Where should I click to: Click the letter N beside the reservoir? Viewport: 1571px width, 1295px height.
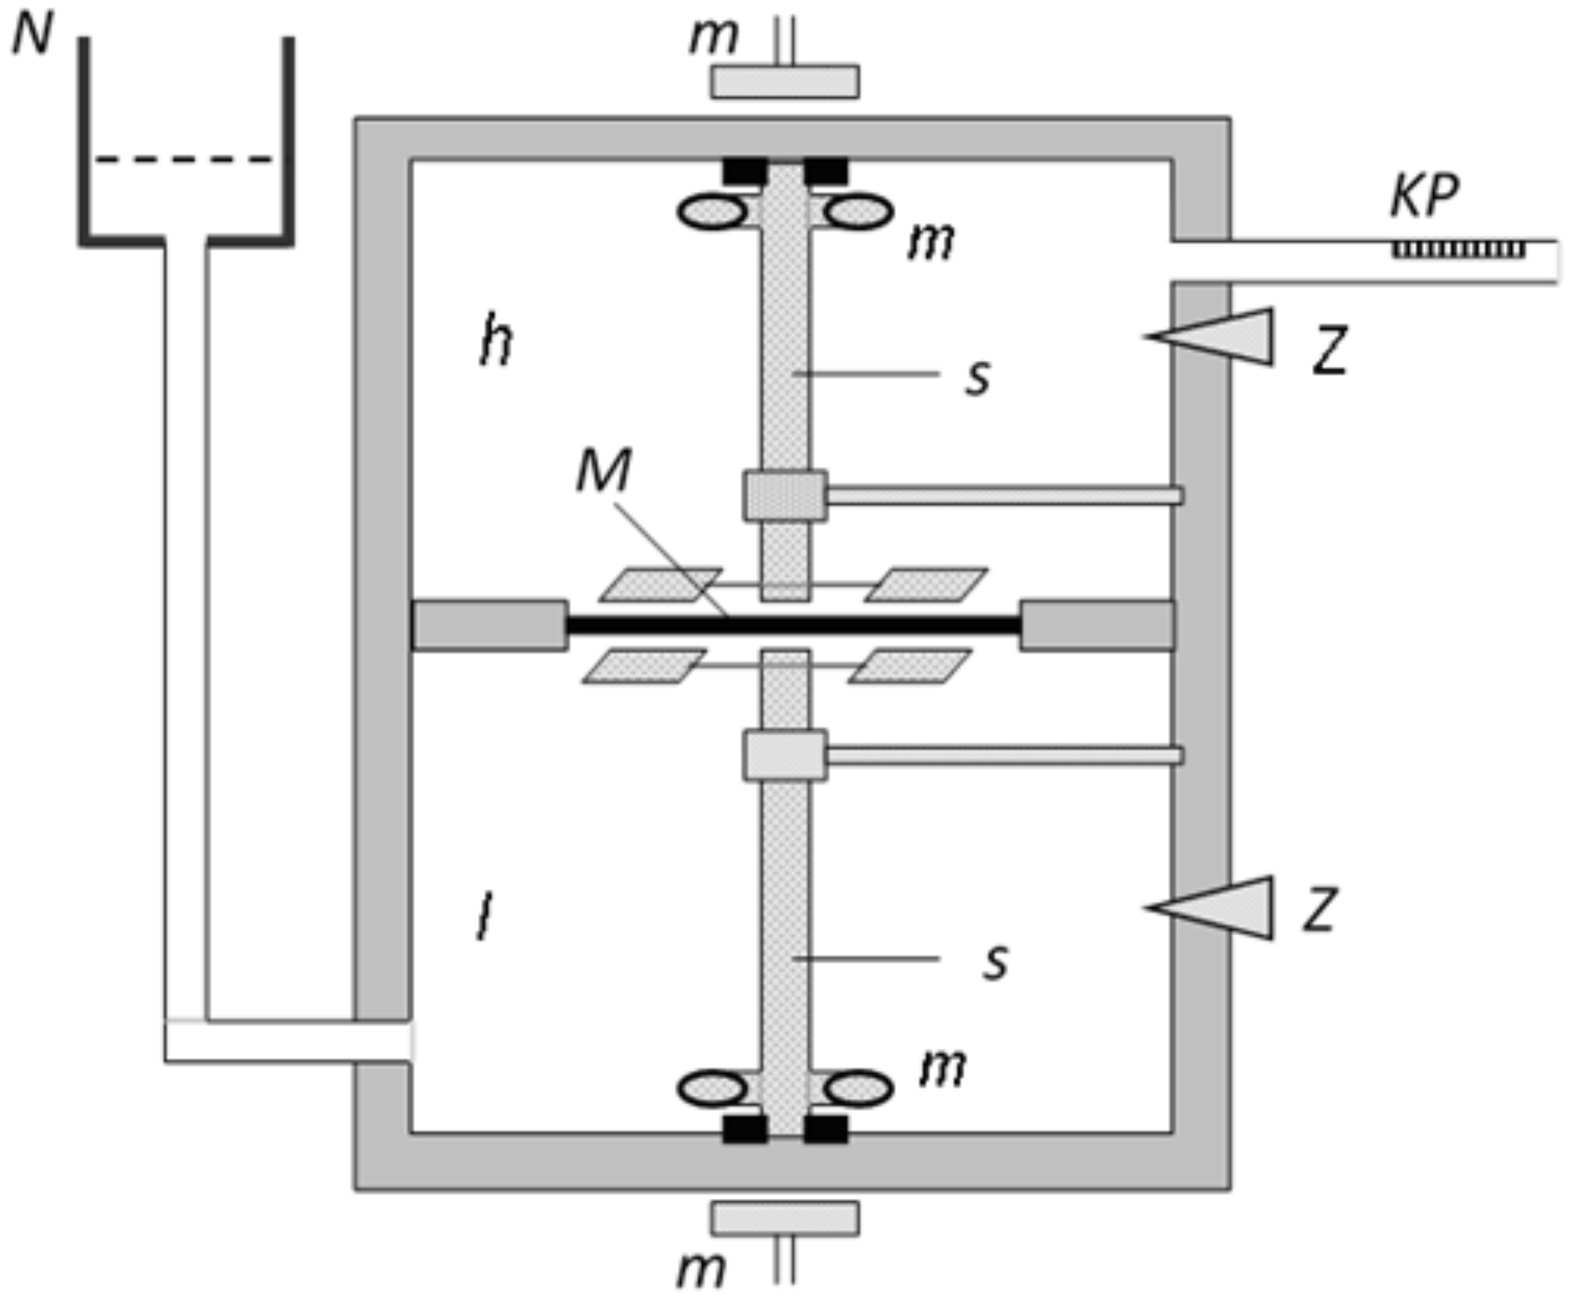[x=34, y=35]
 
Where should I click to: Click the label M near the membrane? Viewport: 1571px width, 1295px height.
[x=603, y=470]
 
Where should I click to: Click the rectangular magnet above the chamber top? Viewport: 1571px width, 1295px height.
[x=785, y=82]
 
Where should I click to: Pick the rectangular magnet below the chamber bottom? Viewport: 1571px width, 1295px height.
[x=785, y=1218]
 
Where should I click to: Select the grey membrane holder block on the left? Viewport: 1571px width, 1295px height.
[x=489, y=625]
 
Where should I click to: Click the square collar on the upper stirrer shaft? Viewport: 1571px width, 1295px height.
[x=785, y=495]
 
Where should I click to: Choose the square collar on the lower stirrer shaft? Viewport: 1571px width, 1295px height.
[x=785, y=755]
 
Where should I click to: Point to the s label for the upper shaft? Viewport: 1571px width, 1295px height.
[x=978, y=378]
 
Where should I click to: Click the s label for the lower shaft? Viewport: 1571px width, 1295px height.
[x=995, y=962]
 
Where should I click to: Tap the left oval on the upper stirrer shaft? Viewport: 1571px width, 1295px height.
[x=712, y=212]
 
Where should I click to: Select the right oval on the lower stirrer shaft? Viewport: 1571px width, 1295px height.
[x=859, y=1089]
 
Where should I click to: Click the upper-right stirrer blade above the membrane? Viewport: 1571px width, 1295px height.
[x=927, y=585]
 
